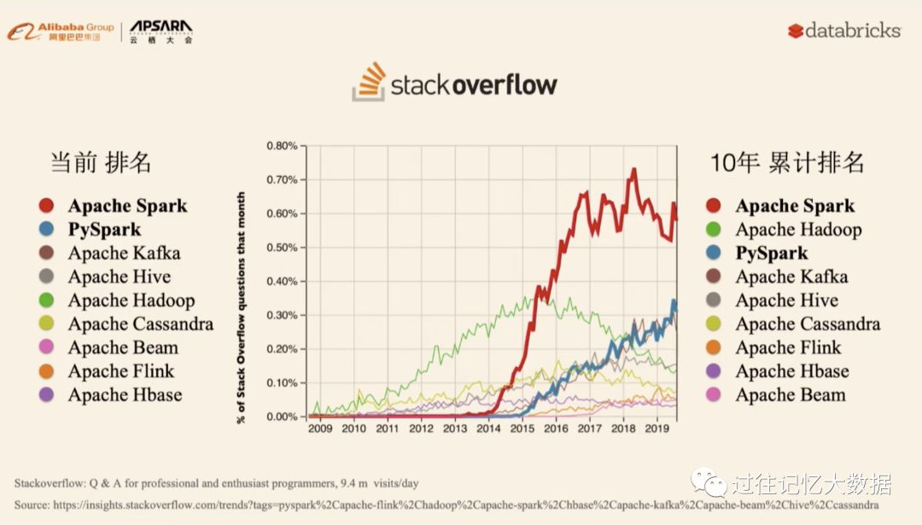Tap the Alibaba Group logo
click(x=61, y=32)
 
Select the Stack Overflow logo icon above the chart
click(x=369, y=82)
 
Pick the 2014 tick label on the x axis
click(x=488, y=429)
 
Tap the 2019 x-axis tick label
click(x=656, y=429)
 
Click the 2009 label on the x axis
click(x=321, y=429)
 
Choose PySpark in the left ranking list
click(x=104, y=230)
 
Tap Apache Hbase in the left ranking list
click(x=125, y=395)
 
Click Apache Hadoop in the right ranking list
click(x=798, y=230)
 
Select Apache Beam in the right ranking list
click(x=791, y=395)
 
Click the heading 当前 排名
click(x=101, y=163)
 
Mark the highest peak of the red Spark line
click(x=633, y=169)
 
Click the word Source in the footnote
click(x=32, y=505)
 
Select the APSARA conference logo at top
click(x=161, y=32)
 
